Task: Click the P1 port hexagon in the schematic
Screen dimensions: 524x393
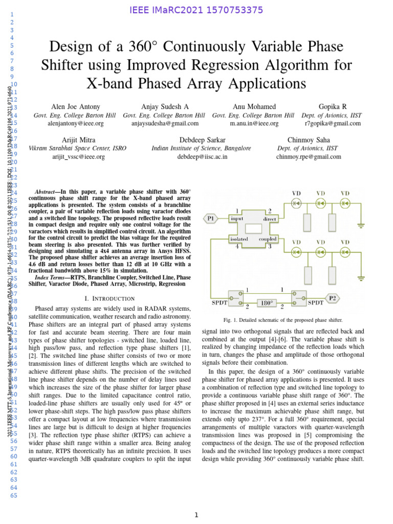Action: pyautogui.click(x=211, y=219)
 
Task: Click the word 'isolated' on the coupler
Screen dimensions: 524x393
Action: pyautogui.click(x=238, y=238)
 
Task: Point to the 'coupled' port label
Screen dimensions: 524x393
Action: pyautogui.click(x=268, y=238)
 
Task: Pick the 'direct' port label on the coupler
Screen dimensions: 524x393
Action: pyautogui.click(x=270, y=219)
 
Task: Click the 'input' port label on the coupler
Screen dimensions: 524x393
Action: pyautogui.click(x=237, y=219)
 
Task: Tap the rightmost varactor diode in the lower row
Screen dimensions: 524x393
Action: pyautogui.click(x=345, y=252)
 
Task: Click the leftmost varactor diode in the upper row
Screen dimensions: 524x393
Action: pyautogui.click(x=296, y=203)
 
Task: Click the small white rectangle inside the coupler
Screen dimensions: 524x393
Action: pyautogui.click(x=253, y=228)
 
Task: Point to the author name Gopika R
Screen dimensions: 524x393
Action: pyautogui.click(x=333, y=106)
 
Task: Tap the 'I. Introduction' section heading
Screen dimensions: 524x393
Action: pyautogui.click(x=110, y=298)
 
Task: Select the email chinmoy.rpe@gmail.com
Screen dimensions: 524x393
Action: pyautogui.click(x=308, y=157)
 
